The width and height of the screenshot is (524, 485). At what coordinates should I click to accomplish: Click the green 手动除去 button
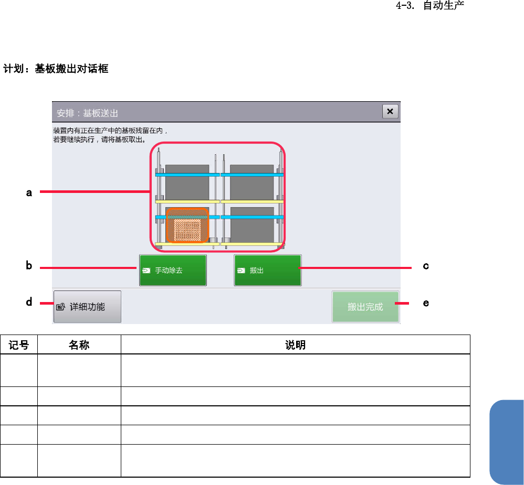[173, 271]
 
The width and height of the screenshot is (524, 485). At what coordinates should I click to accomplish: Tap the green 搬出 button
[268, 271]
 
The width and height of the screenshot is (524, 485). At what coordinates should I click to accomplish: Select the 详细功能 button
[87, 307]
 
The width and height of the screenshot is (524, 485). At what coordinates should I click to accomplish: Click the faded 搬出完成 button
[365, 307]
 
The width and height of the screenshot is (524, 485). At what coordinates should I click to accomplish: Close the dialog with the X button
[390, 112]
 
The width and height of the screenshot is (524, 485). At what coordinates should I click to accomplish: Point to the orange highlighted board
[187, 226]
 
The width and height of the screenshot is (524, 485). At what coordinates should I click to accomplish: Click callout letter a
[29, 192]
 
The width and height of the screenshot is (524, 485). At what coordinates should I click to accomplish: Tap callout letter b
[29, 266]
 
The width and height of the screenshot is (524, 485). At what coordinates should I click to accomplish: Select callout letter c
[426, 266]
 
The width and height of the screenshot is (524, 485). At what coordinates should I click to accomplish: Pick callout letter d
[29, 303]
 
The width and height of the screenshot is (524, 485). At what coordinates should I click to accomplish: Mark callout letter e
[426, 303]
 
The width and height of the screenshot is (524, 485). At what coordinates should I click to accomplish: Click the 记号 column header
[18, 345]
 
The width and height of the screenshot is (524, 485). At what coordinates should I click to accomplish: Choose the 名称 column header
[79, 345]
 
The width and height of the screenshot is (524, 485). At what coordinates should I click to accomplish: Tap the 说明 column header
[295, 345]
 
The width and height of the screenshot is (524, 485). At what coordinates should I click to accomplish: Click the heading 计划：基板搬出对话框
[56, 69]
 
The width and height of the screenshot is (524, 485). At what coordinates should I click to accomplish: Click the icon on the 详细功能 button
[61, 307]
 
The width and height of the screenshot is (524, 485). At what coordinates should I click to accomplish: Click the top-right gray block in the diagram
[252, 184]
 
